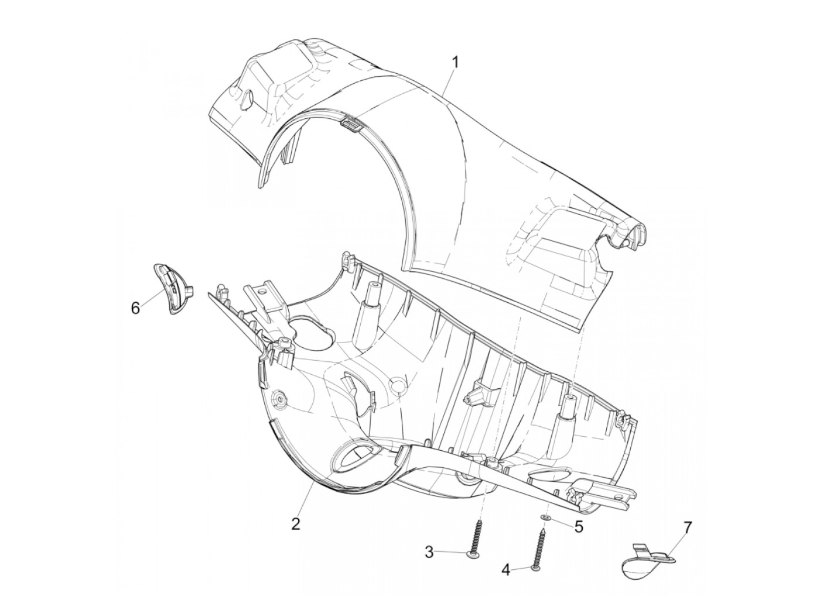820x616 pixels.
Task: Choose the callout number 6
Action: (x=136, y=309)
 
